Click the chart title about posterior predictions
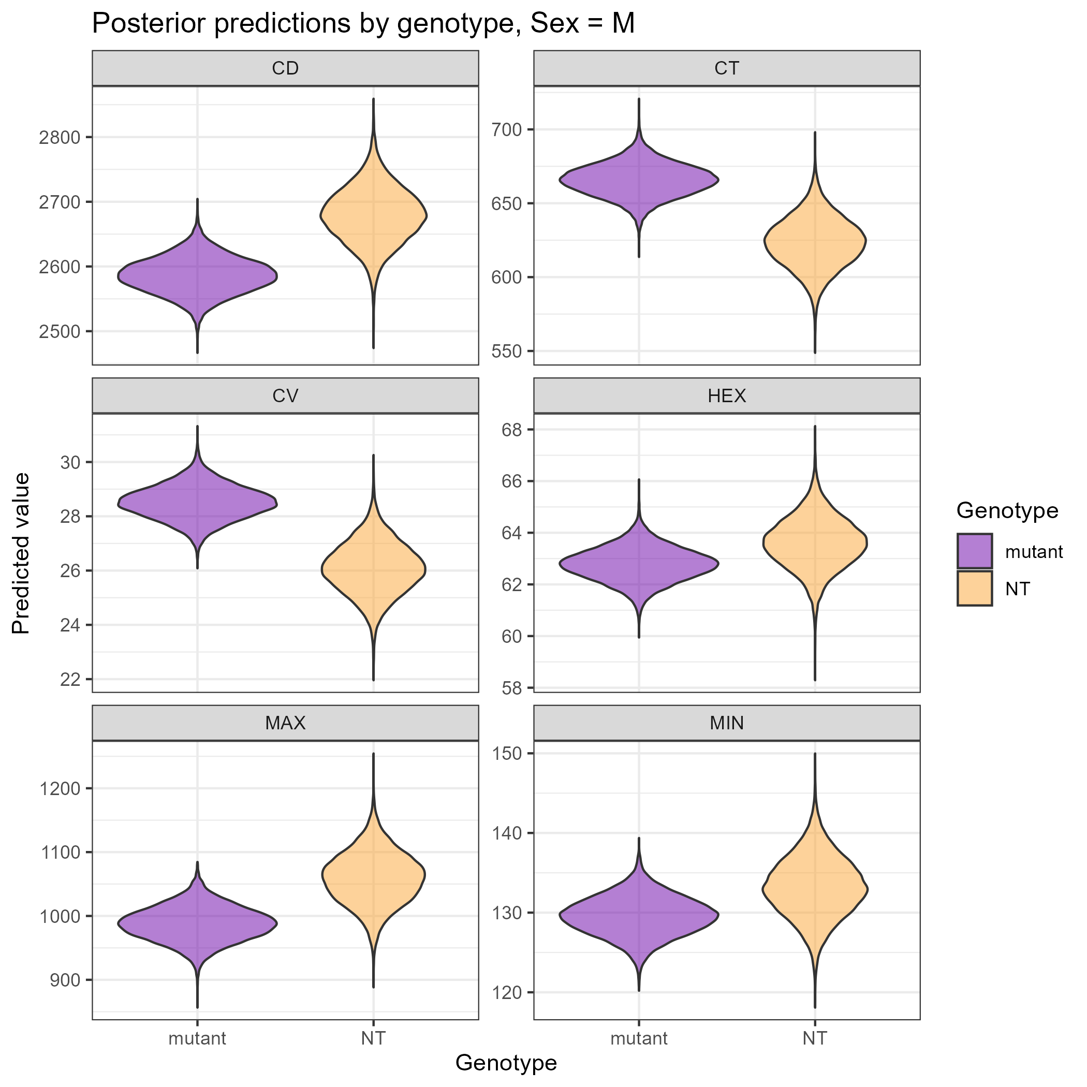pyautogui.click(x=363, y=25)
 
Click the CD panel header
pyautogui.click(x=285, y=69)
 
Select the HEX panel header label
pyautogui.click(x=726, y=396)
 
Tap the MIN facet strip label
pyautogui.click(x=726, y=723)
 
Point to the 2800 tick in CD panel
pyautogui.click(x=58, y=138)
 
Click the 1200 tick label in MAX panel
pyautogui.click(x=58, y=789)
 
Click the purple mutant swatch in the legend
pyautogui.click(x=975, y=551)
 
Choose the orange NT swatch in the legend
pyautogui.click(x=975, y=589)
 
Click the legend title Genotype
pyautogui.click(x=1007, y=510)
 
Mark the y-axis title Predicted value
pyautogui.click(x=21, y=553)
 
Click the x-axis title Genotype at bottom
pyautogui.click(x=506, y=1062)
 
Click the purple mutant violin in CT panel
pyautogui.click(x=639, y=180)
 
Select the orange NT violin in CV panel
pyautogui.click(x=374, y=571)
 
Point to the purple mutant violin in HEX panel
pyautogui.click(x=639, y=563)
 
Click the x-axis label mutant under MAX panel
pyautogui.click(x=198, y=1038)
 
